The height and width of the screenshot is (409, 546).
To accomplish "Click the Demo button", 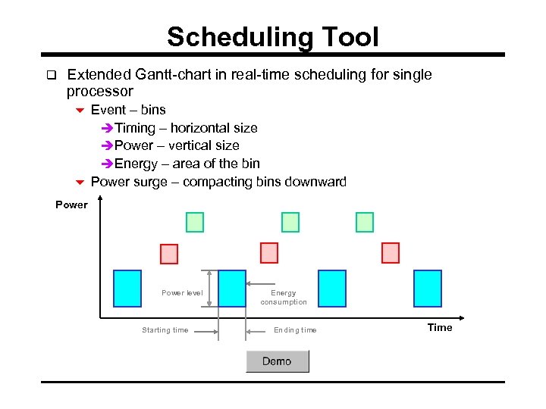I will pos(277,361).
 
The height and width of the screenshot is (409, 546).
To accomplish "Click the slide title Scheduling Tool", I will pos(272,36).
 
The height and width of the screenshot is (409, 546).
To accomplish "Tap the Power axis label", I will pos(71,204).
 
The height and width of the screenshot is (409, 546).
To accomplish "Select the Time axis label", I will pos(440,327).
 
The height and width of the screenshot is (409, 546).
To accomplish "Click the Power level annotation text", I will pos(182,293).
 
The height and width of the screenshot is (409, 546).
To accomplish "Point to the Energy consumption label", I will pos(284,298).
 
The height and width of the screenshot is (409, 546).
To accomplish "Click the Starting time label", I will pos(165,330).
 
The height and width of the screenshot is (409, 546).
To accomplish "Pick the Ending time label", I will pos(295,330).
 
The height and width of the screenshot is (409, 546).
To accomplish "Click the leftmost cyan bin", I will pos(127,289).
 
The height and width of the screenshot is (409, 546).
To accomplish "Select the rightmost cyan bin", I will pos(427,289).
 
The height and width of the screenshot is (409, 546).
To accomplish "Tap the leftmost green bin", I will pos(195,222).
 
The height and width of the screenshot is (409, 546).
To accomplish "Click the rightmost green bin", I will pos(365,222).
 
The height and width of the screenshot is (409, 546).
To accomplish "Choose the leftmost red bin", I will pos(169,253).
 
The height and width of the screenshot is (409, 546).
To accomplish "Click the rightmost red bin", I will pos(390,253).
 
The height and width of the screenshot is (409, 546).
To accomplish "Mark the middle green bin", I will pos(290,222).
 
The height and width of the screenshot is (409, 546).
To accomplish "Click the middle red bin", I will pos(269,253).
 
